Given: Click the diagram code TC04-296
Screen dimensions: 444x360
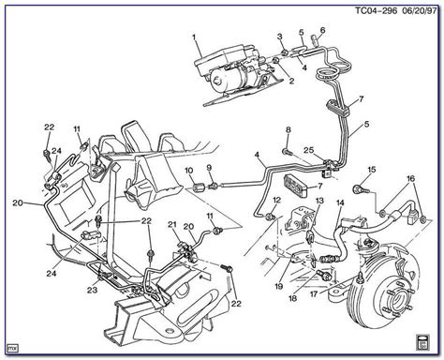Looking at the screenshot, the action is [x=377, y=11].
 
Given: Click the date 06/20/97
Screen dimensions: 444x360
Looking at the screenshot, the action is [x=419, y=11].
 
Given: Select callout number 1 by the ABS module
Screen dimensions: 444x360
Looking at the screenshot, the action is [x=194, y=37].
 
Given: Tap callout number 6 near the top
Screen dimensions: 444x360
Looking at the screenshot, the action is [x=322, y=30].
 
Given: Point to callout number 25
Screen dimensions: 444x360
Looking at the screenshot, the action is [x=309, y=151].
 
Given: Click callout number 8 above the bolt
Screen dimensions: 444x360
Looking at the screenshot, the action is [x=289, y=129].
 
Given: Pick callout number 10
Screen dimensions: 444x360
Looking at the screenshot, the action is [x=189, y=171].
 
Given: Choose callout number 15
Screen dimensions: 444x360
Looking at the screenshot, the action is [x=372, y=170].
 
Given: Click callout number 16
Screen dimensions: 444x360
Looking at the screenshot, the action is [x=411, y=178].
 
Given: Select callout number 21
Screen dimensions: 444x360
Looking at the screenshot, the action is [x=172, y=224].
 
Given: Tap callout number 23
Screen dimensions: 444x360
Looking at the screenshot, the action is [x=92, y=290].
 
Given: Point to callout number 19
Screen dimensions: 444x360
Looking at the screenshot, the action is [x=279, y=286].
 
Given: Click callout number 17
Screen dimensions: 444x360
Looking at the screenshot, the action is [x=314, y=293].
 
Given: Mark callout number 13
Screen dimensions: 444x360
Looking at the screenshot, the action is [x=319, y=201].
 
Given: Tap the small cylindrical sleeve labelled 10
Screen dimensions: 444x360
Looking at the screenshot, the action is [x=198, y=188].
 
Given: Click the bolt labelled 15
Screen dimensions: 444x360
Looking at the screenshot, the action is [x=359, y=189].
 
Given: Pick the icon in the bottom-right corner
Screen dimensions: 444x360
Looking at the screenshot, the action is [x=423, y=342].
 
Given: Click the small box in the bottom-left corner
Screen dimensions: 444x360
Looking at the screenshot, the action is [x=13, y=348].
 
